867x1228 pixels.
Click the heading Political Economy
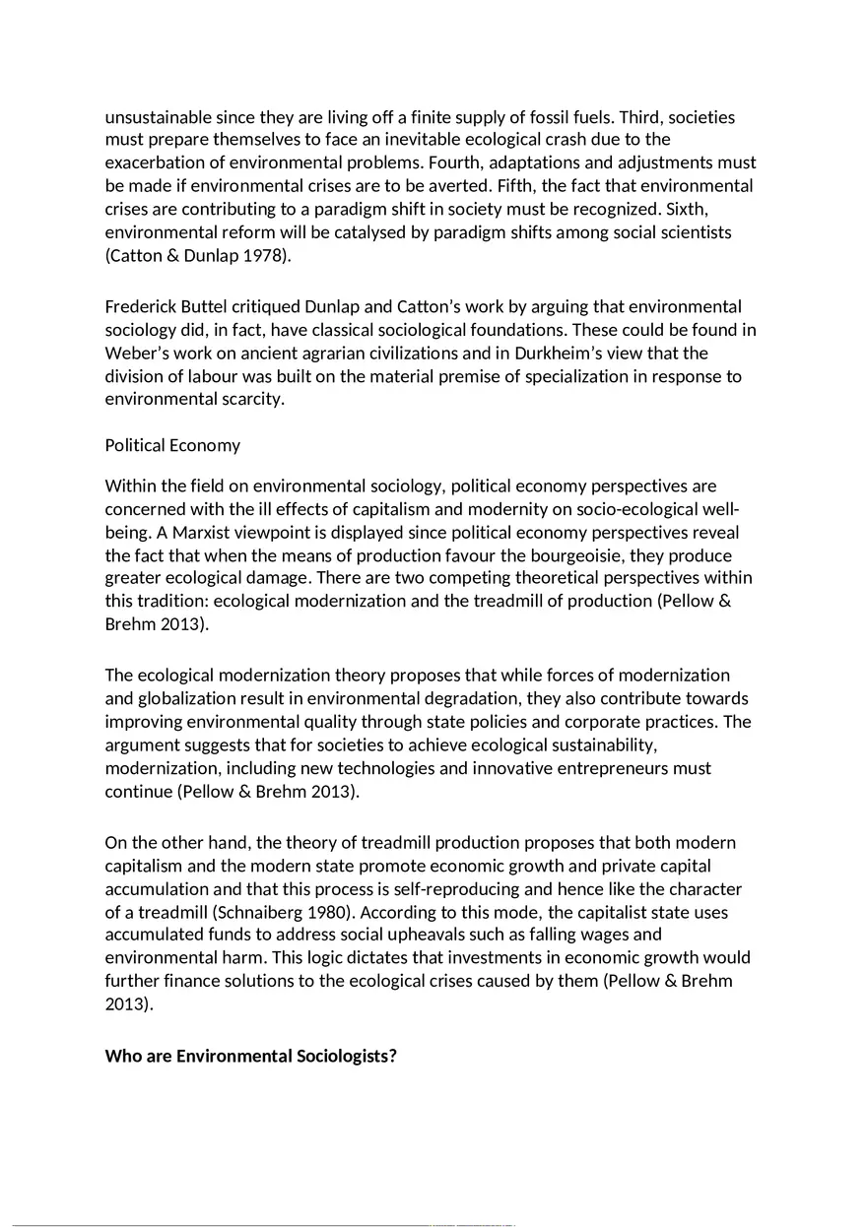172,445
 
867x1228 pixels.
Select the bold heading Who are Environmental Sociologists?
250,1057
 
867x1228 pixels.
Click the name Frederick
142,307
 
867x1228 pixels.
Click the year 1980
335,912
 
